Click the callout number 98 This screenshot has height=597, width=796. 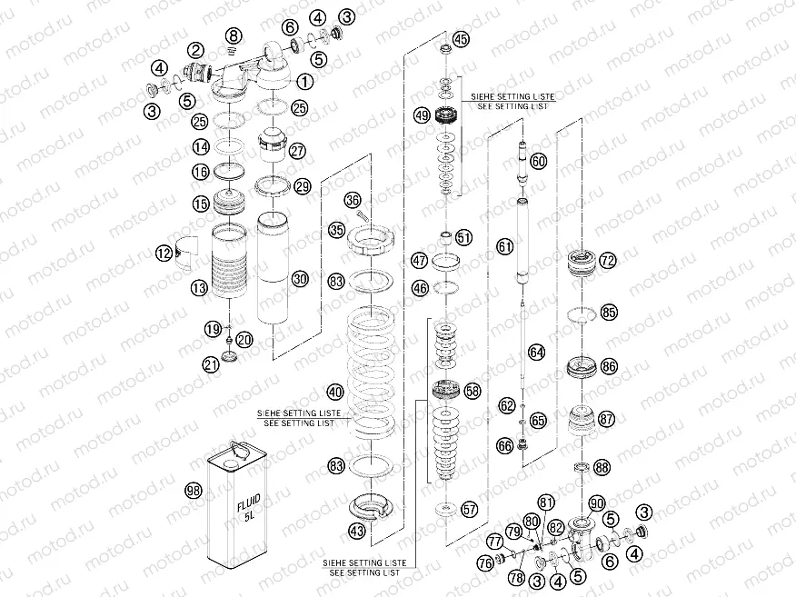tap(193, 491)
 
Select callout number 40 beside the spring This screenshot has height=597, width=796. tap(335, 392)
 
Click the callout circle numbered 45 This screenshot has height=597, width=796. tap(462, 39)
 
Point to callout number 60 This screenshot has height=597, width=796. tap(539, 161)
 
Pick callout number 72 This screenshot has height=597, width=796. tap(608, 261)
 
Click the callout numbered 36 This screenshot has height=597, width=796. tap(353, 200)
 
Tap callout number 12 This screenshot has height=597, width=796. tap(164, 254)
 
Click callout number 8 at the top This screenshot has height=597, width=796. tap(234, 35)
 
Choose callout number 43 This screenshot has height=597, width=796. tap(335, 530)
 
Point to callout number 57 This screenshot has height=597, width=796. tap(469, 510)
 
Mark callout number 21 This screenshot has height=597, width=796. tap(211, 364)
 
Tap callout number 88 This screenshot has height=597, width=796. tap(602, 467)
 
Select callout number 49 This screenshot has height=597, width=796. tap(422, 115)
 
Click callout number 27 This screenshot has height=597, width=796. tap(298, 151)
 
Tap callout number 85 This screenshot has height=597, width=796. tap(608, 313)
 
